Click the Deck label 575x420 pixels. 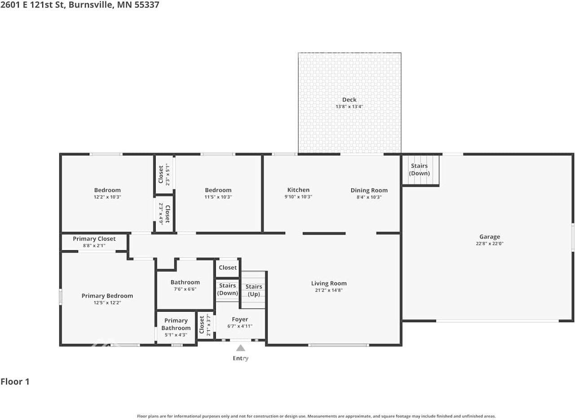tap(349, 100)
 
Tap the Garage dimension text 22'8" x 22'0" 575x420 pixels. tap(489, 244)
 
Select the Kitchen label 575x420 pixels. tap(298, 190)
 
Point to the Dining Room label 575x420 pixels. tap(369, 190)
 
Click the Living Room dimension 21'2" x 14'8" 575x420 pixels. tap(329, 290)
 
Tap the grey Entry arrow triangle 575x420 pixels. tap(241, 348)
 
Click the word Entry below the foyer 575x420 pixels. tap(240, 358)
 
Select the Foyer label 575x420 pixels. tap(240, 319)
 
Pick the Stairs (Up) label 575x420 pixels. tap(254, 290)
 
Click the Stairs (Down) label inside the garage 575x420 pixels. tap(419, 170)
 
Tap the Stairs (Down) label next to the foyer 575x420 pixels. tap(227, 289)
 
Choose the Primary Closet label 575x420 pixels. tap(94, 239)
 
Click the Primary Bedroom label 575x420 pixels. tap(107, 296)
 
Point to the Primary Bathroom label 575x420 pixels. tap(176, 324)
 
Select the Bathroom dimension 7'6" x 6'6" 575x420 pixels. tap(185, 289)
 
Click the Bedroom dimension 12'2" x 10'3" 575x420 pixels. tap(107, 197)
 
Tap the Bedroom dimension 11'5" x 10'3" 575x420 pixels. tap(218, 197)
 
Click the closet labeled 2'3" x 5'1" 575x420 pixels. tap(164, 175)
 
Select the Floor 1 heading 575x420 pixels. tap(15, 382)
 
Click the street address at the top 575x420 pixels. tap(80, 5)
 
